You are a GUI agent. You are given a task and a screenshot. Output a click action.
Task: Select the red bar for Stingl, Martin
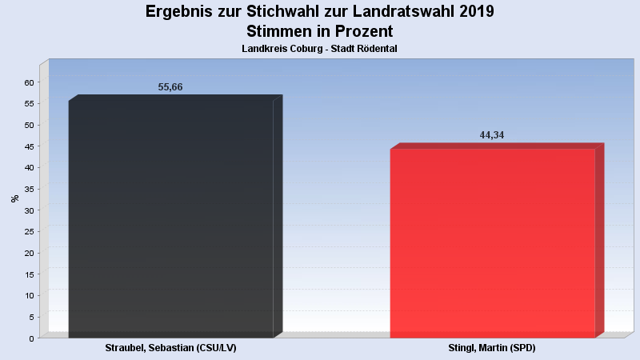pyautogui.click(x=493, y=243)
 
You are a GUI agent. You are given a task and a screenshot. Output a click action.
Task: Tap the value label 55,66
pyautogui.click(x=170, y=87)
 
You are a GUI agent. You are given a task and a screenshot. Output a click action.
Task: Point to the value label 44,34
pyautogui.click(x=492, y=135)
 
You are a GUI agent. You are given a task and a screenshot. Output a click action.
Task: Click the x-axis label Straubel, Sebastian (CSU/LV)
pyautogui.click(x=171, y=349)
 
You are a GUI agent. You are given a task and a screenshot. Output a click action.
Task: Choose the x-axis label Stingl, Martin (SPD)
pyautogui.click(x=492, y=349)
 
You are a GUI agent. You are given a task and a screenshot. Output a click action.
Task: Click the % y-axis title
pyautogui.click(x=14, y=198)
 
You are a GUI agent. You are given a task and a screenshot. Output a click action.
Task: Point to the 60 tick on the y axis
pyautogui.click(x=29, y=82)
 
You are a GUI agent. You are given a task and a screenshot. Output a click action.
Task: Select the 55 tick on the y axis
pyautogui.click(x=29, y=104)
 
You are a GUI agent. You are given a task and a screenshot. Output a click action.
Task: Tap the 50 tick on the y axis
pyautogui.click(x=29, y=125)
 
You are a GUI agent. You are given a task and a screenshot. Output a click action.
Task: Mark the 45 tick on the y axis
pyautogui.click(x=29, y=146)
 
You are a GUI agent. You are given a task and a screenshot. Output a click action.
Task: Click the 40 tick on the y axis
pyautogui.click(x=29, y=168)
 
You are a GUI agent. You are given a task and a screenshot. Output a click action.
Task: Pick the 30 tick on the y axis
pyautogui.click(x=29, y=210)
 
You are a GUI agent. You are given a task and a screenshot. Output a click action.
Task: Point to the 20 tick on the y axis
pyautogui.click(x=29, y=253)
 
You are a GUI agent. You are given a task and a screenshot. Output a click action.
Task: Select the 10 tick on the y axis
pyautogui.click(x=29, y=295)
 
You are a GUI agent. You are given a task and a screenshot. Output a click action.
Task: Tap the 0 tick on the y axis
pyautogui.click(x=31, y=338)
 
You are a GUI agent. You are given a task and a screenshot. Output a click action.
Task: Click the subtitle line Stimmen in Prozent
pyautogui.click(x=320, y=32)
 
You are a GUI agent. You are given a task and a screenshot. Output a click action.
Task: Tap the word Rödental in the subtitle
pyautogui.click(x=377, y=49)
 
